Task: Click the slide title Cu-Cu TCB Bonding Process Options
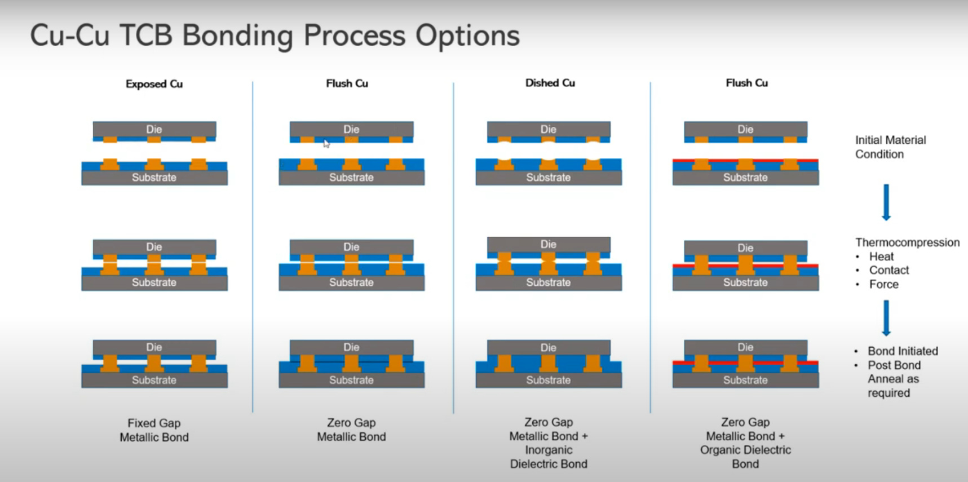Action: click(275, 36)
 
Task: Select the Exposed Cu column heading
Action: click(154, 84)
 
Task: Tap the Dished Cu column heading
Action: click(550, 83)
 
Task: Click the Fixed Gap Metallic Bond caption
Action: click(154, 430)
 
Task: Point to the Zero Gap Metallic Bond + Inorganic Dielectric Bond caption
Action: click(549, 443)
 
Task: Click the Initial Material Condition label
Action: click(890, 147)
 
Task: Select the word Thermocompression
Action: click(907, 242)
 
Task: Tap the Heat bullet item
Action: click(881, 257)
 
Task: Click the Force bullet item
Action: click(883, 285)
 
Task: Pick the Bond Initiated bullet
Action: click(902, 351)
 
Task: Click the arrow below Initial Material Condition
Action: click(886, 202)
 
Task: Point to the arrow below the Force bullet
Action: click(886, 318)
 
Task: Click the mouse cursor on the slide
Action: click(326, 143)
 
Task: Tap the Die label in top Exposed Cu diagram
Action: click(154, 129)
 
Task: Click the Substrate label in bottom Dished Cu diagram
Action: click(549, 380)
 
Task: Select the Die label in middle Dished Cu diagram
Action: click(549, 245)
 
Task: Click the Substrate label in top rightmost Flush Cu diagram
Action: click(745, 178)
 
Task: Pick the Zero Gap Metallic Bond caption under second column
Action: click(351, 430)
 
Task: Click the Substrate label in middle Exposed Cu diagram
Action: click(154, 282)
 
